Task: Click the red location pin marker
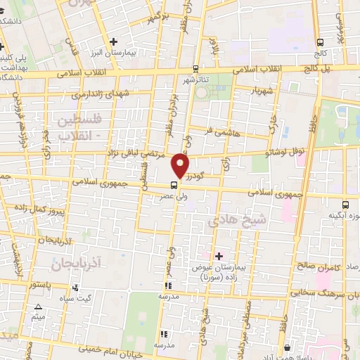(x=181, y=167)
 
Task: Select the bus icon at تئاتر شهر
(x=196, y=69)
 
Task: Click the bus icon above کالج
(x=321, y=42)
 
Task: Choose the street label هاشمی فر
(x=210, y=130)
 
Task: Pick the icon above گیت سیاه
(x=75, y=287)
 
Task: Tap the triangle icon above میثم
(x=39, y=308)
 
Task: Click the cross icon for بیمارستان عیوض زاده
(x=219, y=256)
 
